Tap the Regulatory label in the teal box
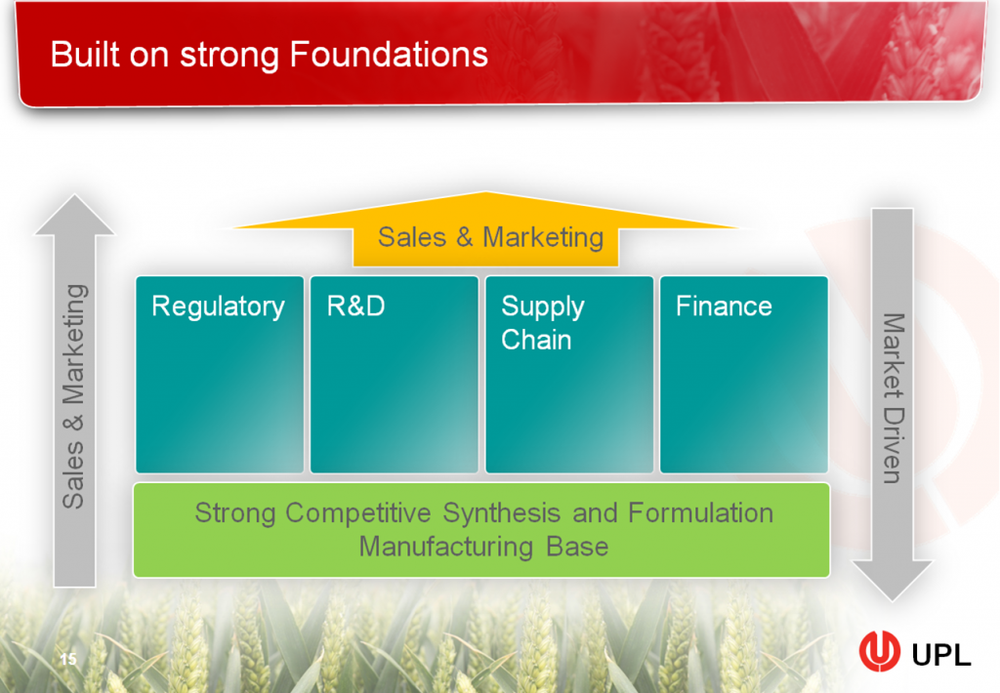point(218,306)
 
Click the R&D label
point(355,306)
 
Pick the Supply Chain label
point(542,323)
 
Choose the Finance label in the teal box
point(724,306)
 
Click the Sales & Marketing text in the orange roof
point(490,237)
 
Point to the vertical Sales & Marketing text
point(74,396)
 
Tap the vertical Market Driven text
point(892,398)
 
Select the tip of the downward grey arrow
point(892,596)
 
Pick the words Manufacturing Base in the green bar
point(483,546)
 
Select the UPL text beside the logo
point(940,655)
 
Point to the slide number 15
point(68,660)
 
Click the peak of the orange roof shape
point(485,195)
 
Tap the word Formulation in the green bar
point(700,512)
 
